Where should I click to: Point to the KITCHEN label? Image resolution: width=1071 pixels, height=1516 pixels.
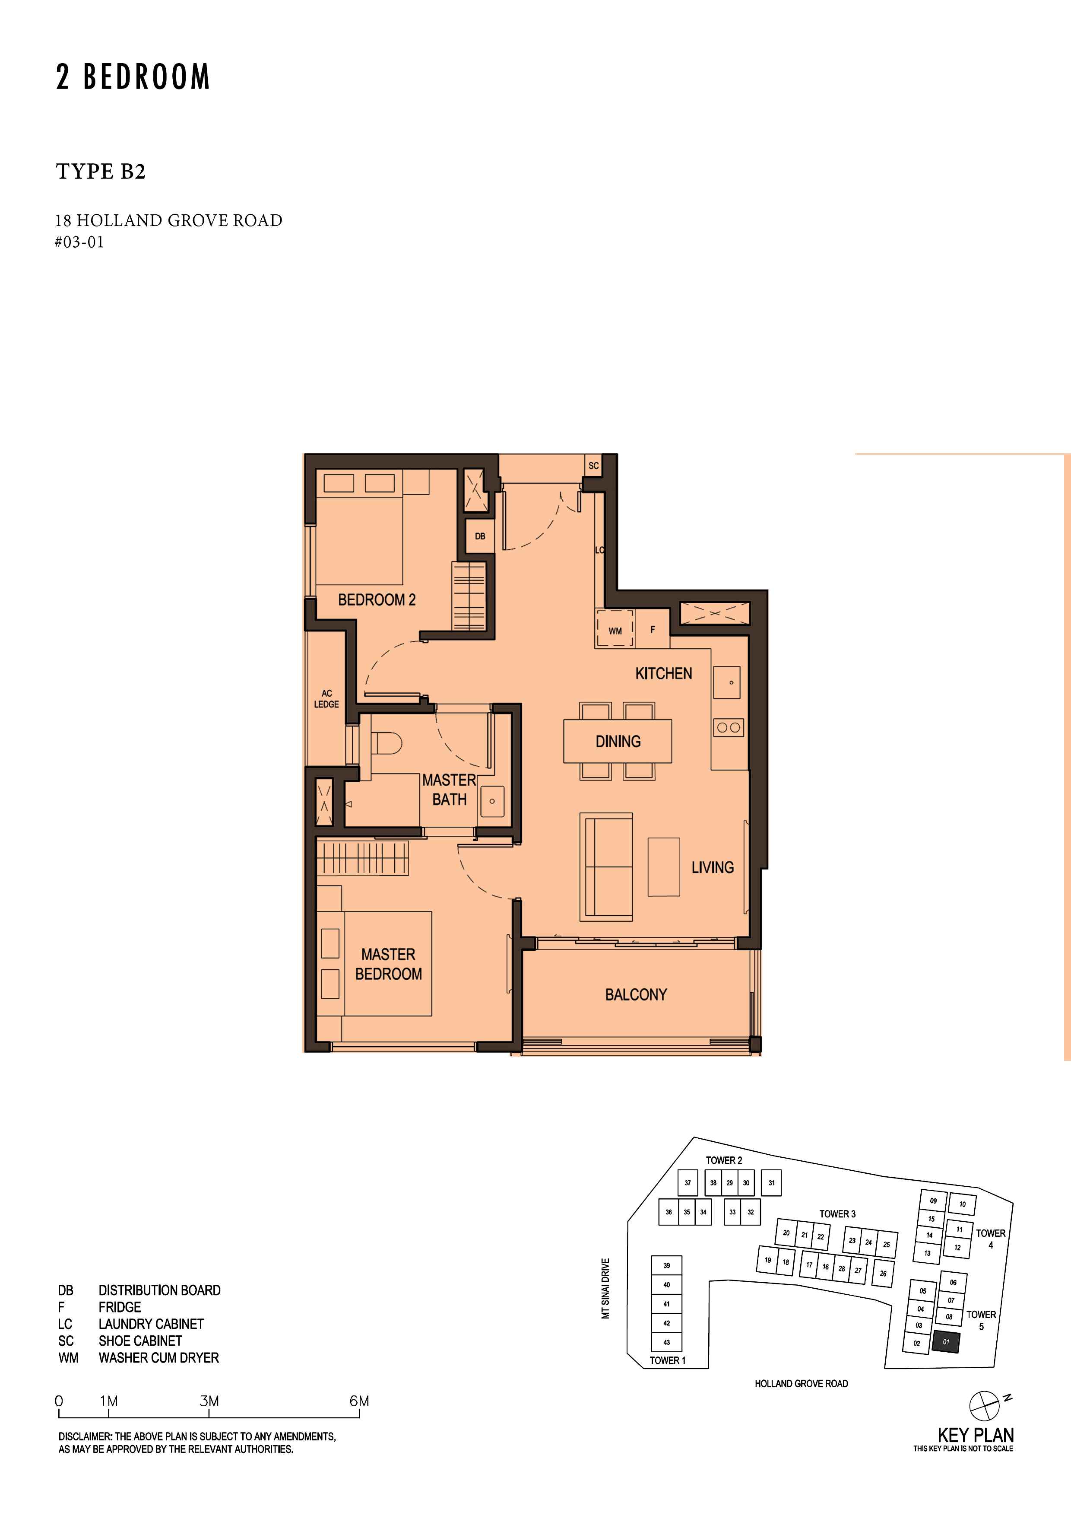pos(663,673)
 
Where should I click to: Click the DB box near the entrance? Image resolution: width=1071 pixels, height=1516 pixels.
pos(480,536)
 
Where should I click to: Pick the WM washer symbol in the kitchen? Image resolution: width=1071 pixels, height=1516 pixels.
pos(615,629)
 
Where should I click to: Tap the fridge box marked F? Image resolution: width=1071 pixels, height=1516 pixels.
pos(653,629)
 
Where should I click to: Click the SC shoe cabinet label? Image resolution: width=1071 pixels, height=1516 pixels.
pos(594,465)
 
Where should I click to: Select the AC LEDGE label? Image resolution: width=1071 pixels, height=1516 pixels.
pos(326,698)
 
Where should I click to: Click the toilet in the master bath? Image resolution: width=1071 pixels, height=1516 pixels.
pos(386,743)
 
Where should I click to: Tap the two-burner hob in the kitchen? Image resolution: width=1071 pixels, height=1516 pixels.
pos(729,728)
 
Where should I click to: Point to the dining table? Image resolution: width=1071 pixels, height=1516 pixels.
pos(618,741)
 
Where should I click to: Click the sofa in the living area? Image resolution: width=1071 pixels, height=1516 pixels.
pos(606,867)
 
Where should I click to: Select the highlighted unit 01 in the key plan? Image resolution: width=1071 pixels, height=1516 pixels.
pos(946,1342)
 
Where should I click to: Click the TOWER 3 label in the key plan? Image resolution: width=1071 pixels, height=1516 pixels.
pos(837,1213)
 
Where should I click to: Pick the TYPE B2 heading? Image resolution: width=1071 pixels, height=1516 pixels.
pos(101,172)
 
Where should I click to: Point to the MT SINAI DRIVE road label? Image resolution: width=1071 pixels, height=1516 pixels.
pos(605,1288)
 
